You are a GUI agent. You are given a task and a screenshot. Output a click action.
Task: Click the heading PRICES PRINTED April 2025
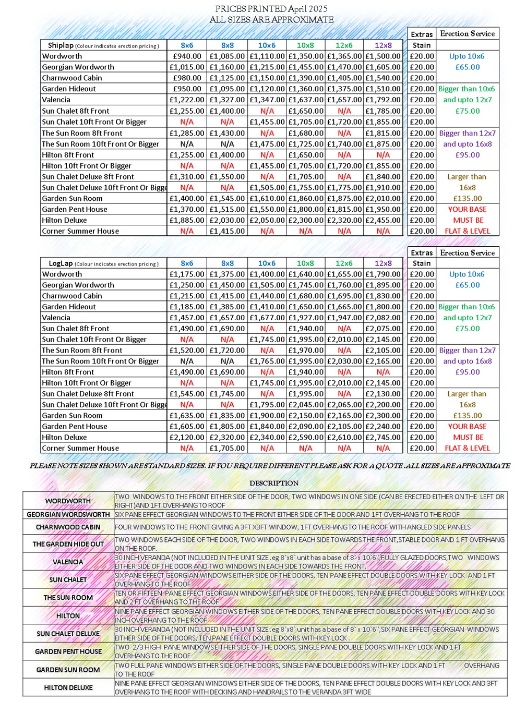(271, 8)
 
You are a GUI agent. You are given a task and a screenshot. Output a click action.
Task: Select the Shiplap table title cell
(103, 45)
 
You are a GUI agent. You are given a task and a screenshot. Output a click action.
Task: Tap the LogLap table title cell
(103, 263)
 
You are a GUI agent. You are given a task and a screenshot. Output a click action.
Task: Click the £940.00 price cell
(187, 56)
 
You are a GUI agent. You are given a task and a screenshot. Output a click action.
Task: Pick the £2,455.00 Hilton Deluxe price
(383, 220)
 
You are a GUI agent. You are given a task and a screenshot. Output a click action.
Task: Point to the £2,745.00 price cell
(383, 437)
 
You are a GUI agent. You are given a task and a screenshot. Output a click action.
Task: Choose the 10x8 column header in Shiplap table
(305, 45)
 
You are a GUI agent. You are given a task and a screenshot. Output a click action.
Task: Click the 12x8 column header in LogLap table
(383, 263)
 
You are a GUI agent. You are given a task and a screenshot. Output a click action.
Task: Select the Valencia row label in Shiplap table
(56, 100)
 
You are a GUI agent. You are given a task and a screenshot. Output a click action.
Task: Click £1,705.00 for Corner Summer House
(227, 448)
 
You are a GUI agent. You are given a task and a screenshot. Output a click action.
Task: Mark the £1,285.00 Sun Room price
(187, 133)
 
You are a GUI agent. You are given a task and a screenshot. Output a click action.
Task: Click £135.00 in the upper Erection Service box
(468, 198)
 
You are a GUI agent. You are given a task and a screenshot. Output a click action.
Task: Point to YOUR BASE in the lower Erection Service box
(468, 426)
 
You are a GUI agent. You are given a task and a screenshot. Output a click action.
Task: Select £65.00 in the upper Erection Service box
(468, 67)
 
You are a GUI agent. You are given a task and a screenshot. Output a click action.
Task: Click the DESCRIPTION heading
(274, 483)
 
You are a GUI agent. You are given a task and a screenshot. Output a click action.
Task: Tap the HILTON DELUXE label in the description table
(68, 687)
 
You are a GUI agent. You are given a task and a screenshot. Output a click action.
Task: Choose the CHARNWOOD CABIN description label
(68, 527)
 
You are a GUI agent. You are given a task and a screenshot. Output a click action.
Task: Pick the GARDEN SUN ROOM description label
(68, 670)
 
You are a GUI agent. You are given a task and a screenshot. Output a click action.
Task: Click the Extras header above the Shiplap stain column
(422, 34)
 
